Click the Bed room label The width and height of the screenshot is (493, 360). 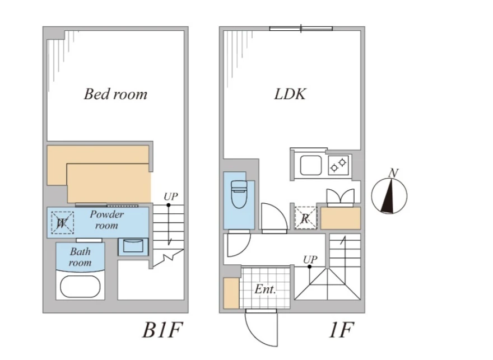[x=115, y=94]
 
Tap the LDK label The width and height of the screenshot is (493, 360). [x=290, y=94]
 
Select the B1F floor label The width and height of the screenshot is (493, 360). [x=162, y=330]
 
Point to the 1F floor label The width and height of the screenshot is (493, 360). [x=341, y=330]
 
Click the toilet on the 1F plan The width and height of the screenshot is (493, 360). [x=239, y=194]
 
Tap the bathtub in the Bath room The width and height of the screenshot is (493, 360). [x=80, y=287]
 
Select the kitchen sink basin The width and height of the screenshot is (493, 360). [x=310, y=165]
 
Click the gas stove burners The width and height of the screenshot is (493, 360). [x=338, y=165]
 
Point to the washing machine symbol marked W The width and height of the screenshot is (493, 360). [x=62, y=223]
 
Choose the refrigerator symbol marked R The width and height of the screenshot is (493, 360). [x=306, y=218]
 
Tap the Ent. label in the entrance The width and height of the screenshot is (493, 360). [x=265, y=289]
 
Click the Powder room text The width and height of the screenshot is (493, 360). [x=107, y=219]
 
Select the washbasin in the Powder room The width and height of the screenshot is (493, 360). [x=133, y=246]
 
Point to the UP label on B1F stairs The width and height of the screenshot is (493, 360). [x=171, y=197]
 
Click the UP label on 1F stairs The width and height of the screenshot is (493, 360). [x=310, y=259]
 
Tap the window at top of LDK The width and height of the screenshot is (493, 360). [x=301, y=29]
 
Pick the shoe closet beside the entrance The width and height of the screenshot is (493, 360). [x=231, y=293]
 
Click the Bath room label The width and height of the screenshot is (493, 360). [x=80, y=257]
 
